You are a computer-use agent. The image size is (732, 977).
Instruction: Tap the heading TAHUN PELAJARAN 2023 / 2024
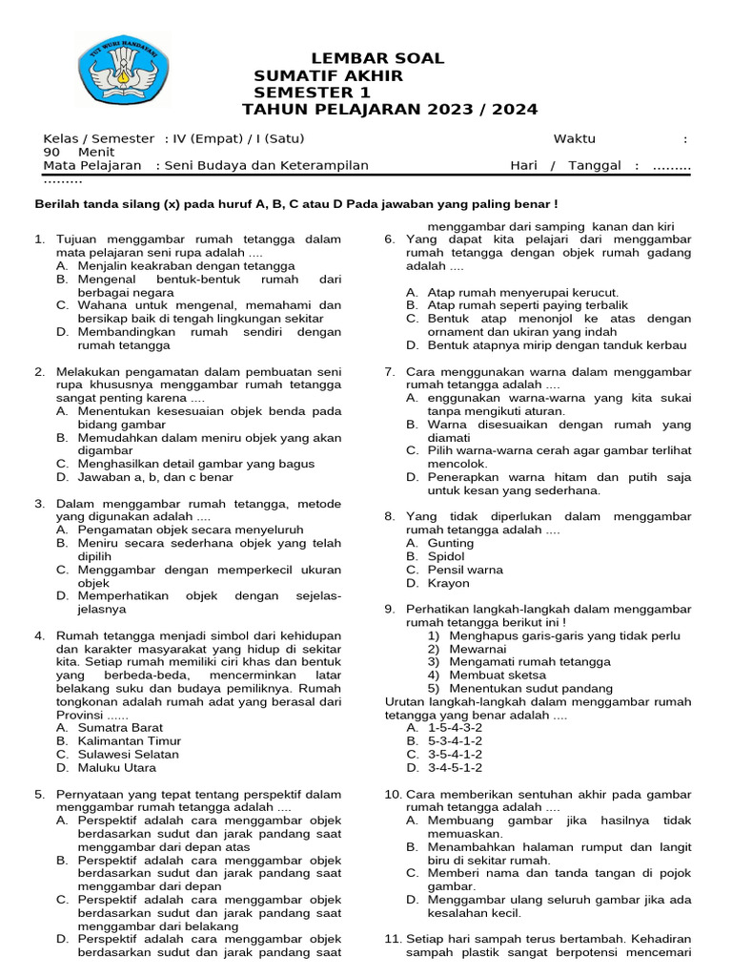(x=390, y=110)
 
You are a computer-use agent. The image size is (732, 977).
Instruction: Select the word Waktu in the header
(x=575, y=138)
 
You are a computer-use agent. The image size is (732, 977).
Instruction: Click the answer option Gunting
(x=450, y=543)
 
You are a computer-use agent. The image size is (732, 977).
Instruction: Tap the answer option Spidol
(x=446, y=556)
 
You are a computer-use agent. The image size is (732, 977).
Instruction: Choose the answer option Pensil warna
(x=465, y=570)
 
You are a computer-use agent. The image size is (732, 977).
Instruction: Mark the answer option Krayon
(x=448, y=583)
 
